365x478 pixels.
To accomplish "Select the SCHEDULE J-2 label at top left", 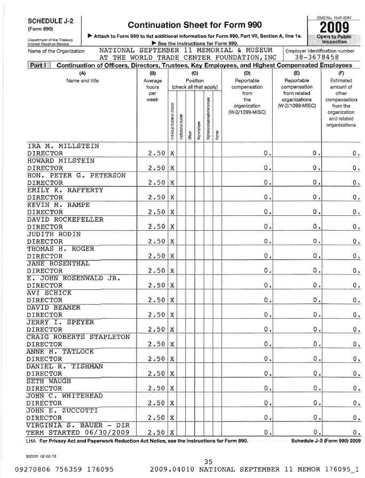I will pos(43,20).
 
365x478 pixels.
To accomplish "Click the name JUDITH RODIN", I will pos(54,233).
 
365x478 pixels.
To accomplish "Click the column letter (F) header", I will pos(341,72).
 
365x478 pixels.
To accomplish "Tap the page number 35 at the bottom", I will pos(208,461).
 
